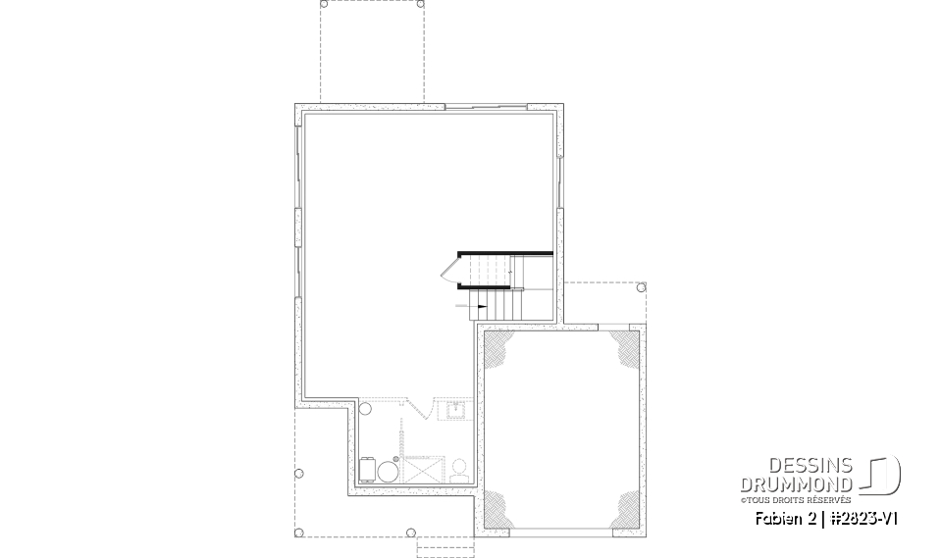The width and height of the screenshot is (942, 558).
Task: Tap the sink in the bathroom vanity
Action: (456, 408)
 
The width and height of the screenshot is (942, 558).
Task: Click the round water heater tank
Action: (387, 471)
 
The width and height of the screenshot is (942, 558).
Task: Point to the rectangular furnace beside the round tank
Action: (367, 470)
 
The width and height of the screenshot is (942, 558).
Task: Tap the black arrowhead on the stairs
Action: (483, 307)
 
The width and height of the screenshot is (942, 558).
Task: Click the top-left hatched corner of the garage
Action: (498, 348)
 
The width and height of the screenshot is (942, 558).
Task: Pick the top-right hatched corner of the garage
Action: (621, 347)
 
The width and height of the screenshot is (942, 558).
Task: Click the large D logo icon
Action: (884, 477)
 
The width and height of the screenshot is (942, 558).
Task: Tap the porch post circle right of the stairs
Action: (641, 288)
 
